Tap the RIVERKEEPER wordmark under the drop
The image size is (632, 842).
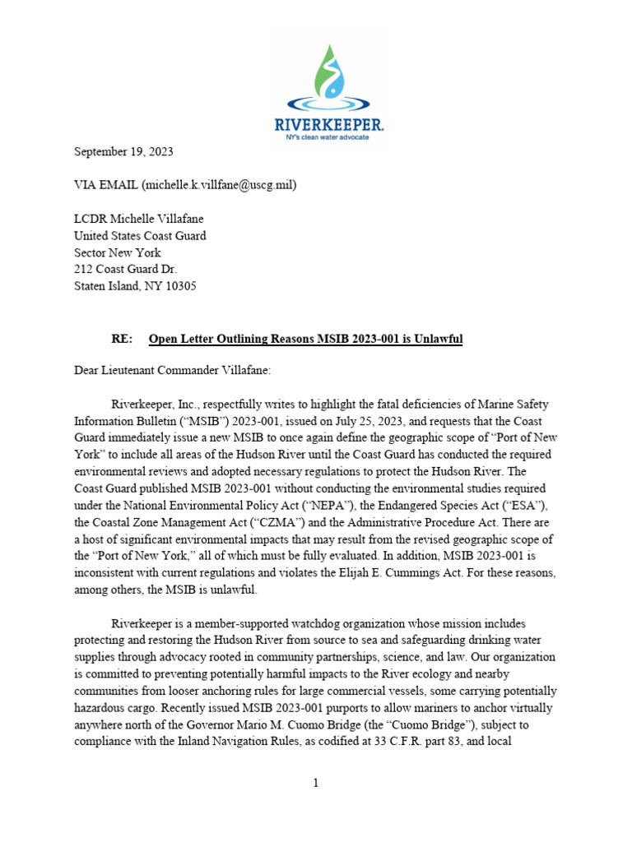(x=329, y=124)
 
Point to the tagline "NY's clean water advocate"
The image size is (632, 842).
(x=329, y=136)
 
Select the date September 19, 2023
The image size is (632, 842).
(x=123, y=152)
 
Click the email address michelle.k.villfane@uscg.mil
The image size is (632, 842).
(x=218, y=185)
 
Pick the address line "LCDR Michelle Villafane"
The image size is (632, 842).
(x=139, y=219)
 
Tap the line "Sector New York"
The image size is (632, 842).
(x=118, y=252)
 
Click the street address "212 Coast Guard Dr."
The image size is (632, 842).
(x=126, y=270)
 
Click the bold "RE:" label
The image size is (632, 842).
(x=123, y=339)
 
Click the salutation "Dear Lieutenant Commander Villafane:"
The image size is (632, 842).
(x=172, y=371)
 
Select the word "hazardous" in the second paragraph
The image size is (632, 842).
(x=103, y=707)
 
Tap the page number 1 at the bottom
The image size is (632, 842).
(x=316, y=784)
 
